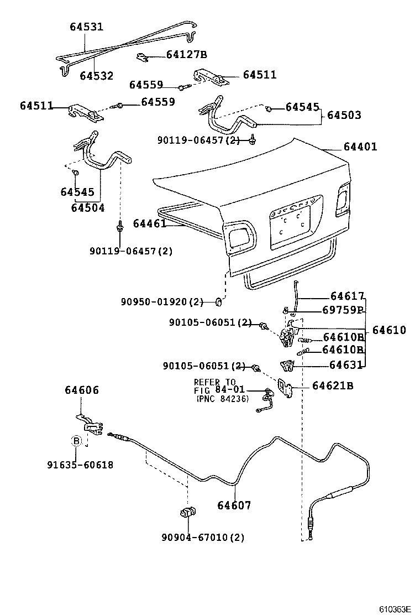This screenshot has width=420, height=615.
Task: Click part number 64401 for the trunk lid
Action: pos(360,147)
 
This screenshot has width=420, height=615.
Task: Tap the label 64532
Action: pos(96,76)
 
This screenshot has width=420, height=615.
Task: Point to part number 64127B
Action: pos(187,54)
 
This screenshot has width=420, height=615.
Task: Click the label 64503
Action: pos(344,115)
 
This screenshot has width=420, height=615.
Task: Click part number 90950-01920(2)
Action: pos(162,302)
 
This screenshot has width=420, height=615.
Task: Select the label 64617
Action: pos(348,296)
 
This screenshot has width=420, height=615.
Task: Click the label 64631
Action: pos(347,364)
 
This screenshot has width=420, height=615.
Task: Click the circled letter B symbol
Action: pos(76,441)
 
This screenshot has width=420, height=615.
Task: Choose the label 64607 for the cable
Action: pos(234,505)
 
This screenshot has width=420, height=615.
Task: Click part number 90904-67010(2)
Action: pos(203,537)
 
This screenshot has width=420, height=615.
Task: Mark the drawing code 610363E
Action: pos(395,609)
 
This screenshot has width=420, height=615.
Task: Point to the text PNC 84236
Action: pos(222,399)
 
